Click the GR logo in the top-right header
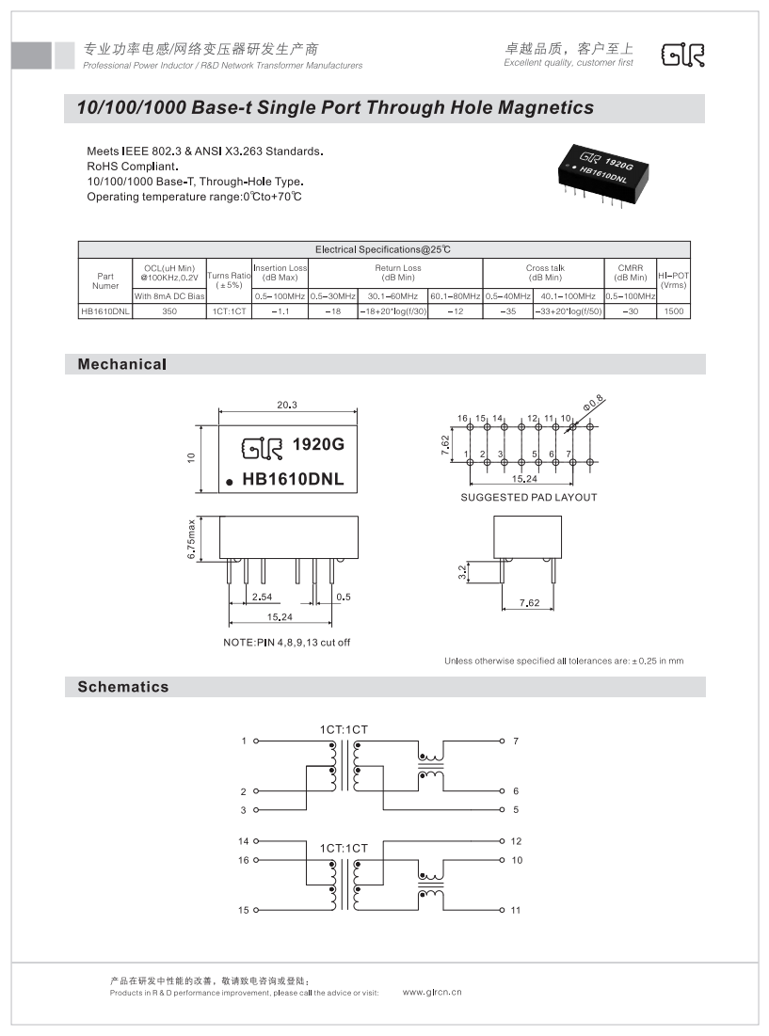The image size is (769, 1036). tap(683, 56)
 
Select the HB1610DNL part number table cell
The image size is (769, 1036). tap(105, 310)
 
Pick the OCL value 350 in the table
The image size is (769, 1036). tap(169, 310)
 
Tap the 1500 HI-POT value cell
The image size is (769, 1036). tap(674, 310)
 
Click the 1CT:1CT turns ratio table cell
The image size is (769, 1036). tap(229, 310)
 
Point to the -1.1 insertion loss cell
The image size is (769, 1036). tap(280, 310)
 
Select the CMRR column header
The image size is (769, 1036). tap(630, 273)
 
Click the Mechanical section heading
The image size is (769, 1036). tap(122, 364)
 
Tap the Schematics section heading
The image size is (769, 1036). tap(123, 687)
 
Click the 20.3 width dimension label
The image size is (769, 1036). tap(287, 405)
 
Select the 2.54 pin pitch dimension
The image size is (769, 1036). tap(262, 597)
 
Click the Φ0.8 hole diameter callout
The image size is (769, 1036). tap(594, 404)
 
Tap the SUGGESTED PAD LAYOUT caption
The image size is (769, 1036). tap(528, 497)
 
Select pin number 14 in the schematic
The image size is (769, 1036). tap(244, 841)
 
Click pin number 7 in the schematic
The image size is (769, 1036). tap(516, 741)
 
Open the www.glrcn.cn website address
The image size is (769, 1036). tap(432, 992)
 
